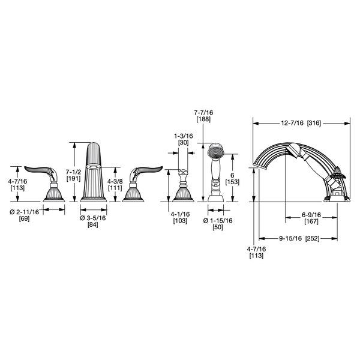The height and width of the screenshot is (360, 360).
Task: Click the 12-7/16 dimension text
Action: tap(292, 123)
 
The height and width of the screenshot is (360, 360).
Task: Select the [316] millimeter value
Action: tap(314, 123)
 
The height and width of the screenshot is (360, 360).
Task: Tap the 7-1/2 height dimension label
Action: tap(73, 172)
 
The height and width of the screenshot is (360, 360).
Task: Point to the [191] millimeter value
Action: tap(73, 178)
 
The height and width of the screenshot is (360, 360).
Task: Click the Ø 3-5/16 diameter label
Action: tap(93, 218)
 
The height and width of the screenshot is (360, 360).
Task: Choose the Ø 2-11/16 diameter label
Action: tap(25, 212)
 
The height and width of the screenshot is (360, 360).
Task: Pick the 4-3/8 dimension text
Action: tap(115, 181)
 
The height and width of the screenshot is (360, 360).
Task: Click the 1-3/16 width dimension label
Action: tap(184, 136)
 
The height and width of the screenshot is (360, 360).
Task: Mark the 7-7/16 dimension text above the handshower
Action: tap(203, 113)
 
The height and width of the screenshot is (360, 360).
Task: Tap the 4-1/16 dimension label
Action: tap(180, 214)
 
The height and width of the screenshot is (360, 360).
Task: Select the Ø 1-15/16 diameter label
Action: tap(218, 221)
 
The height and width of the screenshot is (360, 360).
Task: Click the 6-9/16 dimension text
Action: tap(311, 215)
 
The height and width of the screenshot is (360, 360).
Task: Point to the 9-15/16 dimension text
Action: tap(290, 239)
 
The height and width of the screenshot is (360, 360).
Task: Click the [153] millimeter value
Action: tap(232, 182)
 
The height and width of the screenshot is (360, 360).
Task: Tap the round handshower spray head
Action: tap(216, 150)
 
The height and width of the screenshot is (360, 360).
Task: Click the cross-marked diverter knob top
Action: tap(183, 173)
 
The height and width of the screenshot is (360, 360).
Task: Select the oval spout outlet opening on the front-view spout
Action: tap(94, 167)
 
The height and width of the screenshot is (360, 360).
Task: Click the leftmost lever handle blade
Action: tap(38, 170)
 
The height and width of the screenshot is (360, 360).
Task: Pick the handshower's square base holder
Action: tap(215, 199)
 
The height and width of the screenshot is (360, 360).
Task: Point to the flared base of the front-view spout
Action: tap(94, 199)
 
